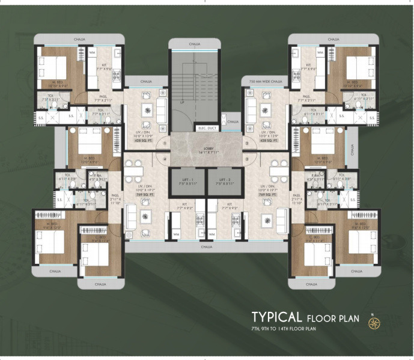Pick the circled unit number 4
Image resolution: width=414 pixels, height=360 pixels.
click(165, 160)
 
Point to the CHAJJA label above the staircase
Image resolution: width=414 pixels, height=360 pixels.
click(194, 44)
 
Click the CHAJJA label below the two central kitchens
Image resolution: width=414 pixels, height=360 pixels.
click(207, 246)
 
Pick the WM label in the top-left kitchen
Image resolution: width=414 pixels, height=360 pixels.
click(93, 53)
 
